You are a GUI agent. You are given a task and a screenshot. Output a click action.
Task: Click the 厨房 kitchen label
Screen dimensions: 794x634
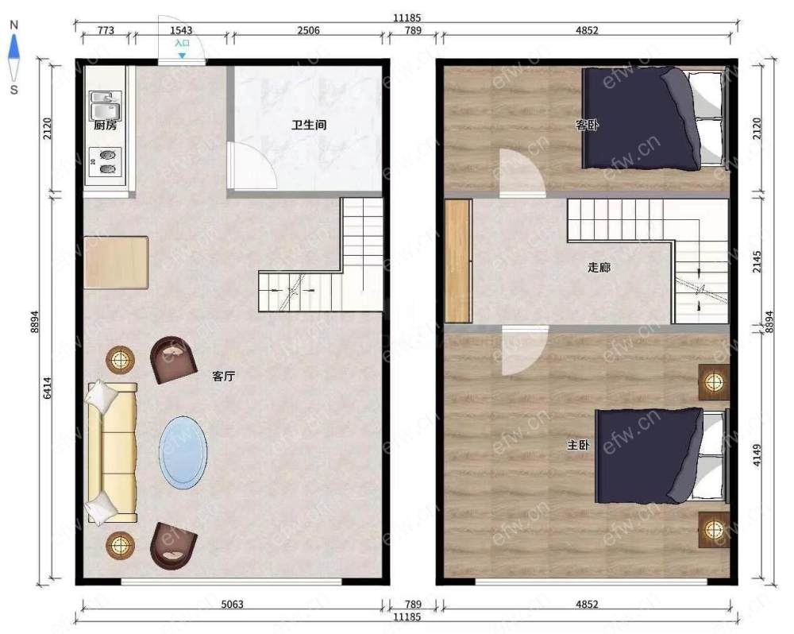[106, 125]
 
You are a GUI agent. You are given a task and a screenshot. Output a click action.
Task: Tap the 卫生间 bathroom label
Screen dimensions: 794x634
[308, 125]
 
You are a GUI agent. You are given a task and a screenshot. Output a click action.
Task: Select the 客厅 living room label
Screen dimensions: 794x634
[223, 376]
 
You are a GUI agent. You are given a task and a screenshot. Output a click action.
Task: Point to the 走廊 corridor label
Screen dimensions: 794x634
[599, 267]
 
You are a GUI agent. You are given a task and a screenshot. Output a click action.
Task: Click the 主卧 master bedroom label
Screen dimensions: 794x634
[578, 445]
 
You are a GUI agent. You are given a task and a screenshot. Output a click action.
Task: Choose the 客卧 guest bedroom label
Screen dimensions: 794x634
[587, 125]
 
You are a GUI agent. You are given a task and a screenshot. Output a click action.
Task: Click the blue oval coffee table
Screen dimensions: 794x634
[183, 453]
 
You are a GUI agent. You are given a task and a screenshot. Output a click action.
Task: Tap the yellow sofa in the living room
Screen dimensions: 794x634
[113, 453]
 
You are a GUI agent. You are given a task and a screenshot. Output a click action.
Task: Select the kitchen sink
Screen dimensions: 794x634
[106, 105]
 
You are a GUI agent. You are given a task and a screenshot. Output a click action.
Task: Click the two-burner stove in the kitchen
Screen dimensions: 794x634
[106, 161]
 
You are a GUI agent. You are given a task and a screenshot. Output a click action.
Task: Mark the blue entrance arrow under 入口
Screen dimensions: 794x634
[182, 56]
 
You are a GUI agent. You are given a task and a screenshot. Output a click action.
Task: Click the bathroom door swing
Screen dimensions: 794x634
[252, 165]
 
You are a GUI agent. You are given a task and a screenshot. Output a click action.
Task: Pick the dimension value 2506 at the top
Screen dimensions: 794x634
[308, 30]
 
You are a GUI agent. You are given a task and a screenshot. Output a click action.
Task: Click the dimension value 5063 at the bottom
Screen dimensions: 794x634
[233, 604]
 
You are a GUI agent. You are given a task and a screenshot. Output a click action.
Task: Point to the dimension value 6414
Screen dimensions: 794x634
[47, 388]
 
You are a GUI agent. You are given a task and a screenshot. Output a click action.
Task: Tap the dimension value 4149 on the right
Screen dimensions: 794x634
[757, 455]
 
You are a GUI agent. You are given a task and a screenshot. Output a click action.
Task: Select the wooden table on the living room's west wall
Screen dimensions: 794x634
[116, 262]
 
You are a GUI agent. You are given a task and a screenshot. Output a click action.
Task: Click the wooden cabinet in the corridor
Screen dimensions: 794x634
[458, 261]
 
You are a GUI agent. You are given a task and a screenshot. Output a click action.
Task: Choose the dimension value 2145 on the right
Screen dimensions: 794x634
[757, 261]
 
